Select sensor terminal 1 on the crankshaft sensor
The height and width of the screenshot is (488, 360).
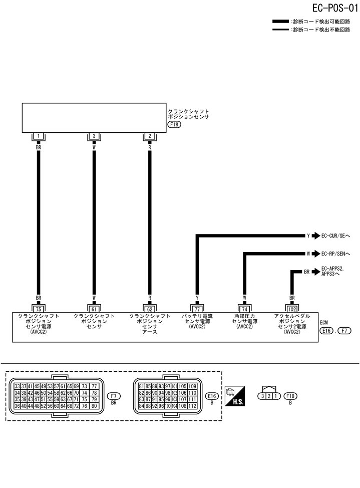[x=38, y=136]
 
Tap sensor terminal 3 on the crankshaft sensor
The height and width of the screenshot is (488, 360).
[x=94, y=136]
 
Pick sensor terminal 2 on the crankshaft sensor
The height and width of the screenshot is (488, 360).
[x=149, y=136]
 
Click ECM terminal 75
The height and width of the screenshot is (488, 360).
[x=38, y=309]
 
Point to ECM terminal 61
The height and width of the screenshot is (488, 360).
[x=94, y=309]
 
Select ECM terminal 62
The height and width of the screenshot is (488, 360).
[x=149, y=309]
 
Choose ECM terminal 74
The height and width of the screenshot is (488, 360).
[x=244, y=309]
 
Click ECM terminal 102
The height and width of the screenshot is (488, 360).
[x=292, y=309]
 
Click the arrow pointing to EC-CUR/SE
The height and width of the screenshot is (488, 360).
[x=315, y=235]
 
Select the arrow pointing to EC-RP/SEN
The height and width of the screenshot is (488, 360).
[x=315, y=254]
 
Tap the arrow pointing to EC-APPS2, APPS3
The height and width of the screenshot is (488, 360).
[x=315, y=272]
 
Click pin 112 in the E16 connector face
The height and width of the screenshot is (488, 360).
[x=192, y=406]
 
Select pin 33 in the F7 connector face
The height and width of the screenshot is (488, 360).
[x=18, y=386]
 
